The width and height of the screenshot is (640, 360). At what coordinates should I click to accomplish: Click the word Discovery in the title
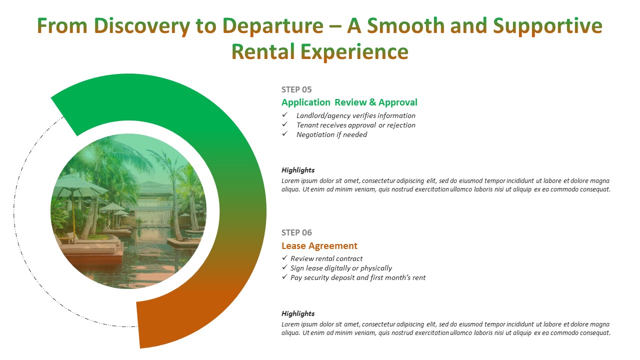tap(141, 26)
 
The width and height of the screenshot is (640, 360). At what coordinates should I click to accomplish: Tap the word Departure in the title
tap(273, 26)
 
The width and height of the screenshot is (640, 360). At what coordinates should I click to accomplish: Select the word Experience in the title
tap(354, 52)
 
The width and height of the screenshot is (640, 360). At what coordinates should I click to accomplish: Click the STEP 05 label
tap(296, 89)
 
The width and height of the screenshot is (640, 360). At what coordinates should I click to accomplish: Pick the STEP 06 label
tap(296, 233)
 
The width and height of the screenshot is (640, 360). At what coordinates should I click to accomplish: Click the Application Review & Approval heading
tap(349, 102)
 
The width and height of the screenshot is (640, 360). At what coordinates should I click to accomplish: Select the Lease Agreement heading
tap(319, 245)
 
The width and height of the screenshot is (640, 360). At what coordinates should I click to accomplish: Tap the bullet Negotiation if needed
tap(331, 134)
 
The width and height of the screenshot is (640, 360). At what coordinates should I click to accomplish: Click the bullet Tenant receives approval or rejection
tap(355, 125)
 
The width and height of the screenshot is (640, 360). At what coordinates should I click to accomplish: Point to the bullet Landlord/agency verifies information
tap(355, 115)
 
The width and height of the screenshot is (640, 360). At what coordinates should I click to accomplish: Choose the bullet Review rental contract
tap(326, 258)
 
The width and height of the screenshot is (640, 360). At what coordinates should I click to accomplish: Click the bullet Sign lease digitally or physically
tap(341, 268)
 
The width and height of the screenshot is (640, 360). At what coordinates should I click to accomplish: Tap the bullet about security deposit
tap(357, 277)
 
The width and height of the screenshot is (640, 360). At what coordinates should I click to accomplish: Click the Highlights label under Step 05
tap(298, 170)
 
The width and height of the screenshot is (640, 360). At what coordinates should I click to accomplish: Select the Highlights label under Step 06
tap(298, 313)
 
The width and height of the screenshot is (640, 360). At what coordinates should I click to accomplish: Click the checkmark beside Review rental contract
tap(284, 258)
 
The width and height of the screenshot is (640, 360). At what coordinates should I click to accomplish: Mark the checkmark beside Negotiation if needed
tap(284, 133)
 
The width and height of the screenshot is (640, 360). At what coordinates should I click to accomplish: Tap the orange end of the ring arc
tap(138, 325)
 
